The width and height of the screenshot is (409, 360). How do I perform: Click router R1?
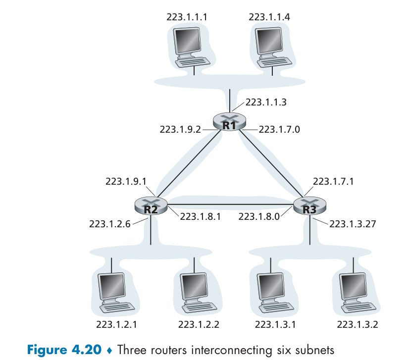point(229,121)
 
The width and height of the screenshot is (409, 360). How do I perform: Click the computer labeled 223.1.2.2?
point(196,292)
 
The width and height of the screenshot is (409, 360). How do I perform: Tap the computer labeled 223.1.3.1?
point(274,292)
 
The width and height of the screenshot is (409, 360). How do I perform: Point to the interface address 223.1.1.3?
point(266,103)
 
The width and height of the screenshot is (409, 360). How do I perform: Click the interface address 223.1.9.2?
point(180,130)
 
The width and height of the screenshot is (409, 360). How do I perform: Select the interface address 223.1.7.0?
point(280,130)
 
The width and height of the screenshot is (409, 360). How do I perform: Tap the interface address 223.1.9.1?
point(126,181)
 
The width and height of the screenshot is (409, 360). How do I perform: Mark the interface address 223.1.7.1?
point(334,181)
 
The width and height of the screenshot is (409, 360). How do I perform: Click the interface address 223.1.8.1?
point(200,216)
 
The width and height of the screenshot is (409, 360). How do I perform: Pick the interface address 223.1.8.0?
point(258,216)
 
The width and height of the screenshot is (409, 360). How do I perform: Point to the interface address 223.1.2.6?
point(109,224)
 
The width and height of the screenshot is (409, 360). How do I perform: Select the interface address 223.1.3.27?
point(353,224)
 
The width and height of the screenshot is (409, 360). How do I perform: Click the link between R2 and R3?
point(230,205)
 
